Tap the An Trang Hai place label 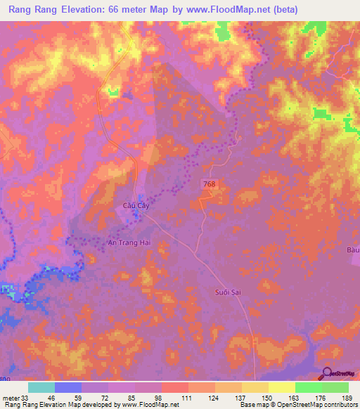click(x=131, y=242)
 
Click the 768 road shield click(x=207, y=183)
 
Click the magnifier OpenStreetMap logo click(x=328, y=375)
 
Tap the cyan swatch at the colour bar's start click(x=41, y=387)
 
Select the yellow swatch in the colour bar click(x=281, y=387)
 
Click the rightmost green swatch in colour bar click(x=335, y=387)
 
